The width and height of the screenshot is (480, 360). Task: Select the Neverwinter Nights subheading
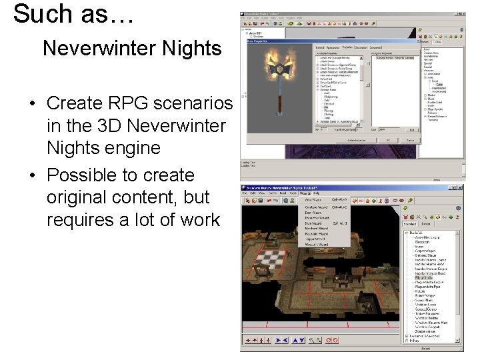tap(131, 49)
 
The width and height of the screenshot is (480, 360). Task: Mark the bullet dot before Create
tap(32, 104)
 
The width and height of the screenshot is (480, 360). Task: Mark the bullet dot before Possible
tap(32, 176)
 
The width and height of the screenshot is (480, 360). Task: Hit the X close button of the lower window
tap(459, 187)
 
